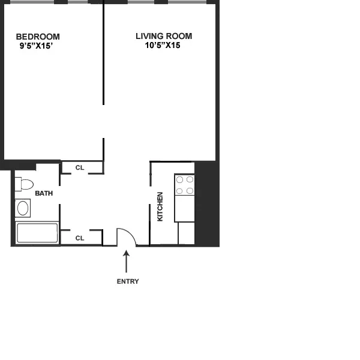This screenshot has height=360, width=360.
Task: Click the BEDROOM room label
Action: pos(37,37)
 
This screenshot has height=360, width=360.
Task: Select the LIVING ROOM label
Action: pos(158,37)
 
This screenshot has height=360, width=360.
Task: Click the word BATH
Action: pos(44,193)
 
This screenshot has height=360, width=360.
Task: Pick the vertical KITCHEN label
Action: pos(160,206)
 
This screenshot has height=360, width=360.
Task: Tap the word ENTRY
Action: pos(127,281)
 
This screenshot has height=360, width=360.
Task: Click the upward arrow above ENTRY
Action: pos(126,262)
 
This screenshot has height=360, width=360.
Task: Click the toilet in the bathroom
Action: pos(25,184)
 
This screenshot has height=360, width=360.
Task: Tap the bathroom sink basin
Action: pos(23,208)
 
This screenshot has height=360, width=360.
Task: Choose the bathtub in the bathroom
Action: pos(37,233)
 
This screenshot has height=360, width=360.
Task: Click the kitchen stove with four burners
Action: pos(185,185)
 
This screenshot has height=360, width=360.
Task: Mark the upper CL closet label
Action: pos(79,167)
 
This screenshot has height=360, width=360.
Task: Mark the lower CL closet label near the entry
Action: pos(79,238)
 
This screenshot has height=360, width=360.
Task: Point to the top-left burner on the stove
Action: pos(179,179)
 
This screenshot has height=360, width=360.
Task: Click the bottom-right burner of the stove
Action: pos(190,191)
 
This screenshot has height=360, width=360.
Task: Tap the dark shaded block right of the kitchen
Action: pos(207,204)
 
